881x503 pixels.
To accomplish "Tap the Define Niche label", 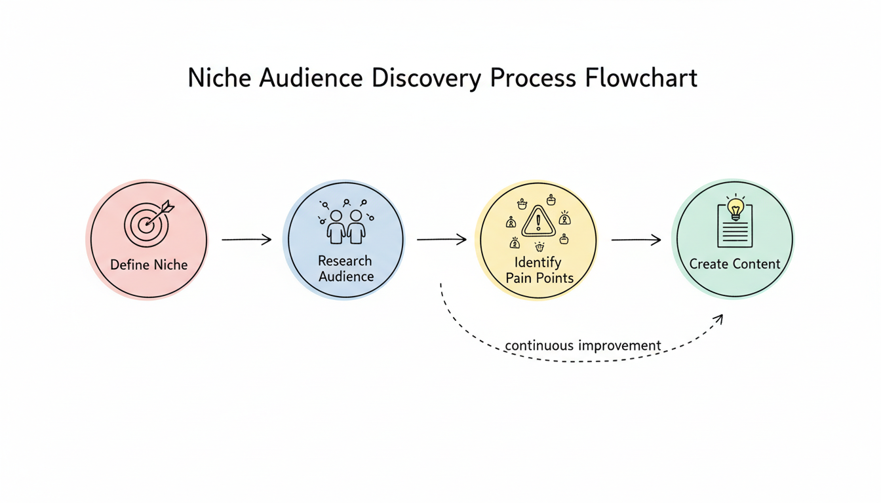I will click(x=149, y=265).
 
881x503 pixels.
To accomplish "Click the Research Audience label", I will click(x=345, y=269).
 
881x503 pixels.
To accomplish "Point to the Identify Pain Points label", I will click(x=539, y=270).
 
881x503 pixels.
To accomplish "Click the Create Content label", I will click(x=735, y=265).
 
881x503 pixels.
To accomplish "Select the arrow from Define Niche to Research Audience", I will click(x=246, y=240).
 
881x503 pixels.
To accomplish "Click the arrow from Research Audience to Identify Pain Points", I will click(x=441, y=240).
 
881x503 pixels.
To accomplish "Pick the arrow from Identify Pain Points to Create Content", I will click(x=636, y=240).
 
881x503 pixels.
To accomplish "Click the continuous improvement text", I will click(x=583, y=345).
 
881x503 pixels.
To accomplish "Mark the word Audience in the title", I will click(x=311, y=78).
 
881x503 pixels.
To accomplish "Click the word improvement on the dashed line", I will click(x=619, y=345).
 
